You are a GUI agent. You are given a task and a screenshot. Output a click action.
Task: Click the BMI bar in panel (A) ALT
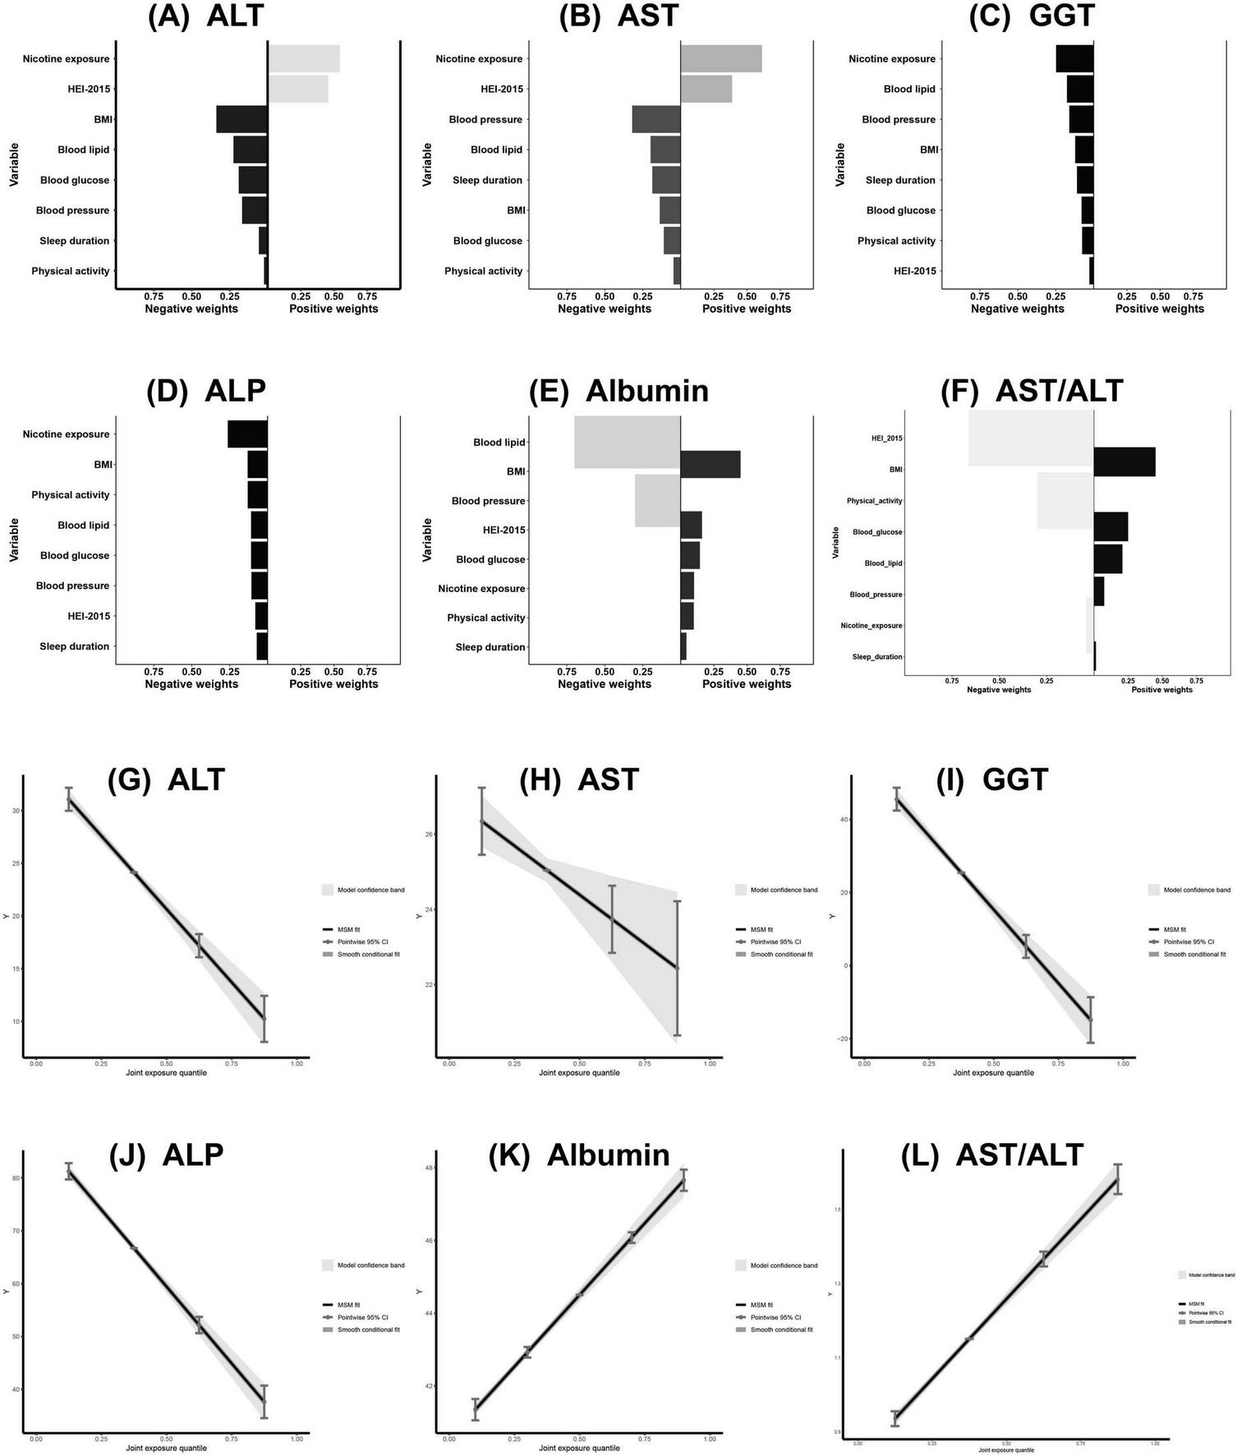[241, 120]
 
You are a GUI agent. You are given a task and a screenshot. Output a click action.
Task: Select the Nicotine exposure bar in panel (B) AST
[721, 59]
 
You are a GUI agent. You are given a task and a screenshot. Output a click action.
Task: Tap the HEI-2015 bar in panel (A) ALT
[298, 90]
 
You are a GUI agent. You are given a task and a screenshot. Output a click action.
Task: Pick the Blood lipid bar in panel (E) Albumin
[627, 443]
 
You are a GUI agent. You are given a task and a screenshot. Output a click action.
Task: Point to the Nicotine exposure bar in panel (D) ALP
[247, 434]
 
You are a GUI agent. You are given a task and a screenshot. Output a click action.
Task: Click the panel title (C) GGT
[1032, 16]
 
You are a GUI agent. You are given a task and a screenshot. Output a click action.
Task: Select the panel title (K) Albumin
[579, 1154]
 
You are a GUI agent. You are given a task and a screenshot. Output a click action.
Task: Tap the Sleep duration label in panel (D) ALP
[74, 647]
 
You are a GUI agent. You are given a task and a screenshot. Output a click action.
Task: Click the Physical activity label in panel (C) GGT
[896, 241]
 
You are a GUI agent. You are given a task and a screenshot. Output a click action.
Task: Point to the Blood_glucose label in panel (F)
[877, 533]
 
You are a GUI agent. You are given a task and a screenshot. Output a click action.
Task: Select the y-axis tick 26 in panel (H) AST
[428, 834]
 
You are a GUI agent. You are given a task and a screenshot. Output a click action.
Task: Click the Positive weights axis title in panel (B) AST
[746, 310]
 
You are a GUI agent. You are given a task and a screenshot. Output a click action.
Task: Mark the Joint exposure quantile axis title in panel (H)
[579, 1073]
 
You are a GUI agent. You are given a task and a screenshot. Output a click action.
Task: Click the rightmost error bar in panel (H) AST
[677, 969]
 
